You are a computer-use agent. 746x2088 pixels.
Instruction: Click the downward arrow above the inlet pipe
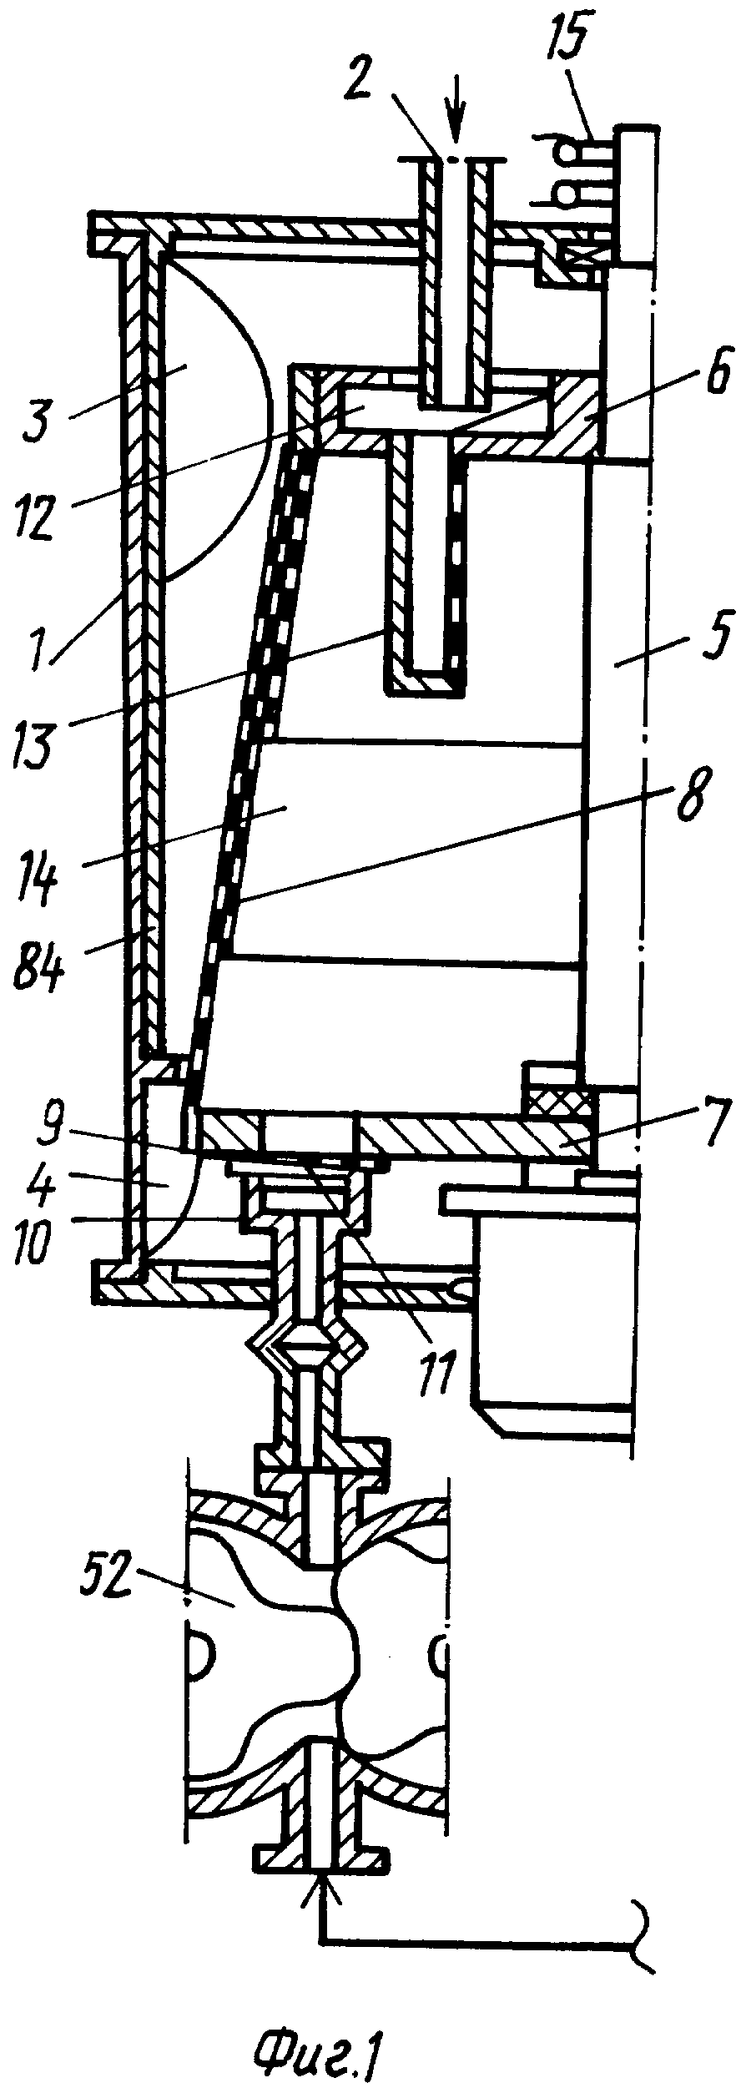(x=455, y=124)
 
